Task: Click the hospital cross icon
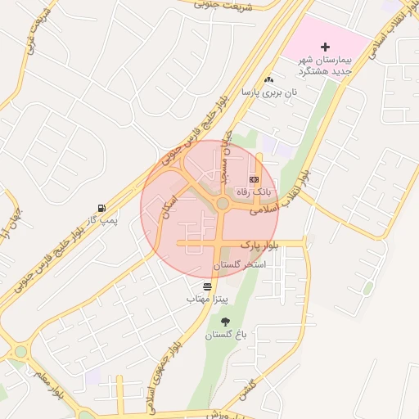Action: (326, 47)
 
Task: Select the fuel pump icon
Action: (101, 208)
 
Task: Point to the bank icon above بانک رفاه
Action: (254, 178)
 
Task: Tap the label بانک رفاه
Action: (253, 191)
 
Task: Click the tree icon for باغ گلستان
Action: (225, 322)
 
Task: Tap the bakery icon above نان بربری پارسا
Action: (268, 80)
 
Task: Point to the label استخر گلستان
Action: (240, 266)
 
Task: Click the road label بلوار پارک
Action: (260, 245)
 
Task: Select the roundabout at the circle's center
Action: (223, 203)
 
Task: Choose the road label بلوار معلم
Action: (48, 387)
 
